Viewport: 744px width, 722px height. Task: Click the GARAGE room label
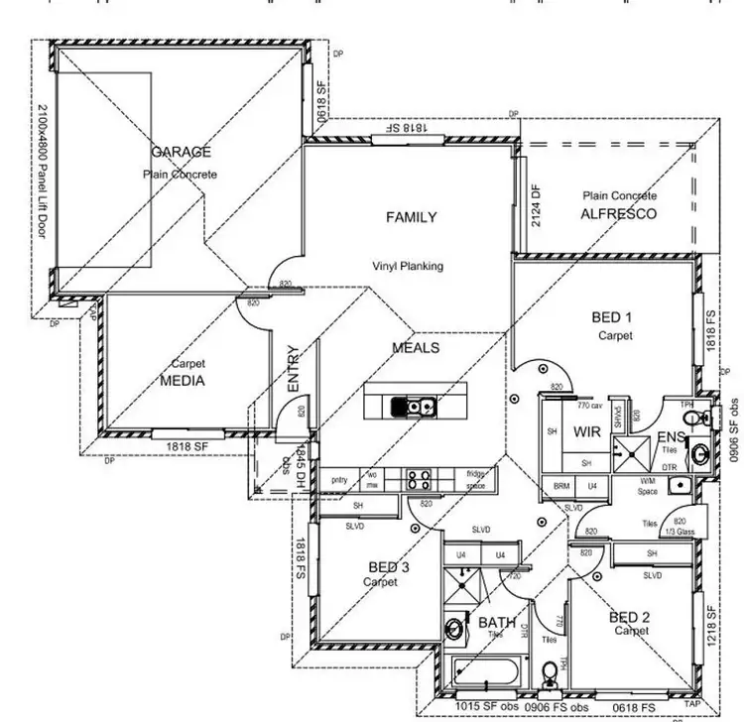click(181, 152)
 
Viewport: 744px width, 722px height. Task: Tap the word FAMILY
click(411, 217)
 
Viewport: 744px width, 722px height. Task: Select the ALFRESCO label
click(619, 213)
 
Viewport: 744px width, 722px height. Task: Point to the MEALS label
click(416, 348)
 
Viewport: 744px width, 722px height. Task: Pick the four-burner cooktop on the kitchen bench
click(419, 480)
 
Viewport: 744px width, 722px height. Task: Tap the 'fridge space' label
click(475, 481)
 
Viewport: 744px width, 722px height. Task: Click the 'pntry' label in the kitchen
click(339, 480)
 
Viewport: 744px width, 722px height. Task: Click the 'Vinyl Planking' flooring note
click(407, 266)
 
